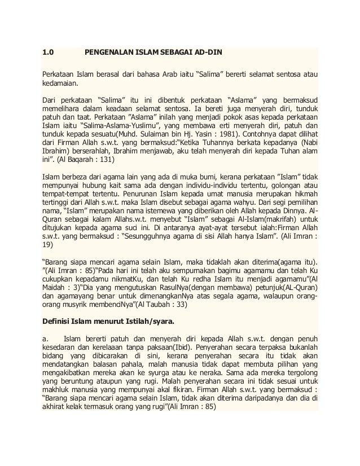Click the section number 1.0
click(49, 54)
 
